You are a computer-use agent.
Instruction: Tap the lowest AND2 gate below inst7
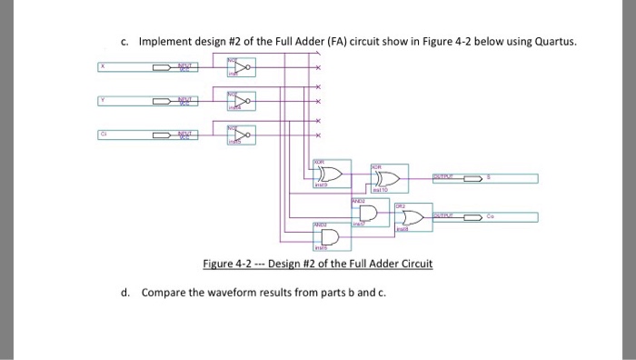click(327, 236)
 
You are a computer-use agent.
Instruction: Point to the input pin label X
click(104, 65)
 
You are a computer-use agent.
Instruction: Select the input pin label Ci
click(104, 134)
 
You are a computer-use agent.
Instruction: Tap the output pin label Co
click(490, 217)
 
